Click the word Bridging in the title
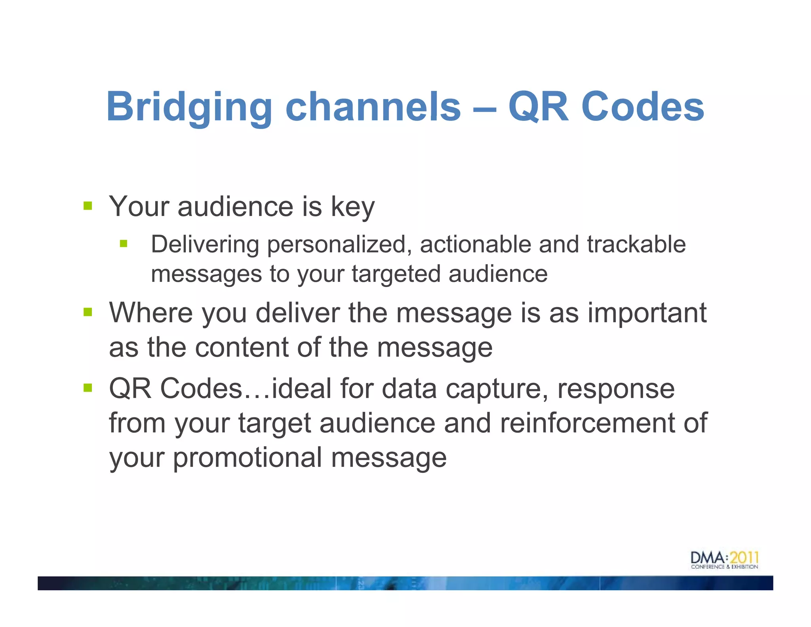click(189, 107)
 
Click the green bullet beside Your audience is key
click(88, 206)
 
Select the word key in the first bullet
click(352, 207)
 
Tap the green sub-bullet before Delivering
click(124, 243)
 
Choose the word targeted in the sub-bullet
click(396, 274)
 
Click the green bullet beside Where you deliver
click(88, 312)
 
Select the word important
click(647, 313)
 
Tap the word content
click(242, 348)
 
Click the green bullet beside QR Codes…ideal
click(88, 387)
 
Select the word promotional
click(247, 458)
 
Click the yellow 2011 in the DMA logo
click(744, 558)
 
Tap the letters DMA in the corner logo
click(708, 558)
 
